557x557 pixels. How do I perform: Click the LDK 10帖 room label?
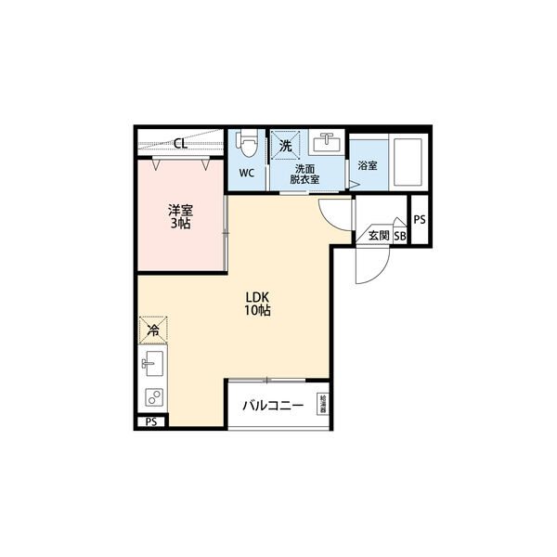click(257, 304)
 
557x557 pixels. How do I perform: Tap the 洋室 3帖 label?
click(180, 216)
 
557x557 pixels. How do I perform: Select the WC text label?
click(247, 174)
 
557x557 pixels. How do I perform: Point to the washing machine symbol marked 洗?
click(287, 145)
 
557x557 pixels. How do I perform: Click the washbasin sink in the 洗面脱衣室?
click(326, 145)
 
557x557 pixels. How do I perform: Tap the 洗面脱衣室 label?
click(306, 174)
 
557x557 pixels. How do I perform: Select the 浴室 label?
click(367, 166)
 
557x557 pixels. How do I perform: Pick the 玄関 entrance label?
click(379, 236)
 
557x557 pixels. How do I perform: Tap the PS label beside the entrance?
click(420, 220)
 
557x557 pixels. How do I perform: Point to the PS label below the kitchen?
click(151, 422)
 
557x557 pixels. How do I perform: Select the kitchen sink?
click(151, 361)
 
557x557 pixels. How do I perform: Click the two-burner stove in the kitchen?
click(151, 396)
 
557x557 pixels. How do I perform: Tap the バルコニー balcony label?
click(273, 406)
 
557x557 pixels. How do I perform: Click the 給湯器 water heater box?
click(322, 405)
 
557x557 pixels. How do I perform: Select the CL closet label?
click(181, 144)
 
